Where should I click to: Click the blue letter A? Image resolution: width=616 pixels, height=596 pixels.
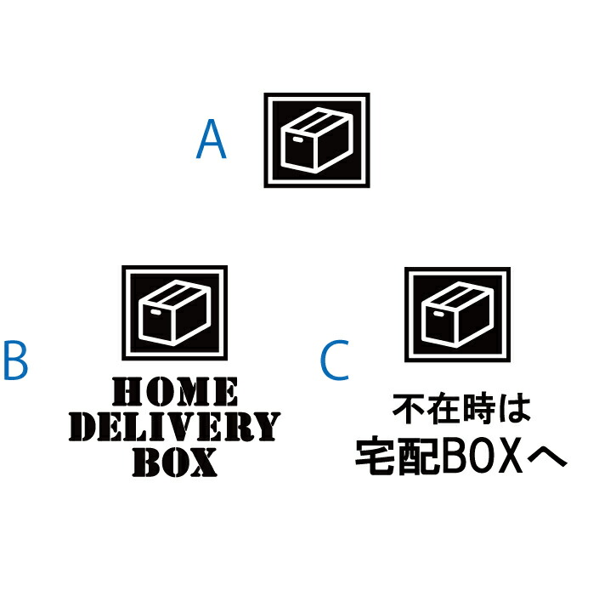pos(211,139)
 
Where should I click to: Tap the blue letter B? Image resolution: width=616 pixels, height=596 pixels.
pos(15,360)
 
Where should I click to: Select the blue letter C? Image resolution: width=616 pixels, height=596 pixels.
pos(335,360)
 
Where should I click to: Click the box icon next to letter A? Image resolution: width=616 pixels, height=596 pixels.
pos(317,140)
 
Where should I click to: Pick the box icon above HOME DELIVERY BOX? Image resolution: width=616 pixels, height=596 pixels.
pos(174,313)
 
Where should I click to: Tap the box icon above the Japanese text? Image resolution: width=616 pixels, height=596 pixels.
pos(457,315)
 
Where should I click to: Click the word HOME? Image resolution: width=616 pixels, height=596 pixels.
pos(175,392)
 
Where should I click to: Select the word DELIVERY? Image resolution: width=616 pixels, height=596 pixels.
pos(174,427)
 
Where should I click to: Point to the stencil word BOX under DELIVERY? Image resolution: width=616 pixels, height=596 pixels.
pos(175,463)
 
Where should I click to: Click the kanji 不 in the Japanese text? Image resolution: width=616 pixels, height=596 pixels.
pos(408,409)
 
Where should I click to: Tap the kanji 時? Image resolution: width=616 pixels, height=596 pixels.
pos(479,409)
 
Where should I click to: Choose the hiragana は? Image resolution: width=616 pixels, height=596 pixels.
pos(515,409)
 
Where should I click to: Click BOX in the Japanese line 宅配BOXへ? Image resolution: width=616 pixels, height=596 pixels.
pos(483,456)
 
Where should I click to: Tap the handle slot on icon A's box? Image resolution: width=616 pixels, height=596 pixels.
pos(298,139)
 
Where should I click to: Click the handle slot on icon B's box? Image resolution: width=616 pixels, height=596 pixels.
pos(156,312)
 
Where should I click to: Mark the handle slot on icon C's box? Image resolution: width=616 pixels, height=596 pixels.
pos(438,314)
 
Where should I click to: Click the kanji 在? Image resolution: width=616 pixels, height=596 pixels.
pos(444,409)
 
